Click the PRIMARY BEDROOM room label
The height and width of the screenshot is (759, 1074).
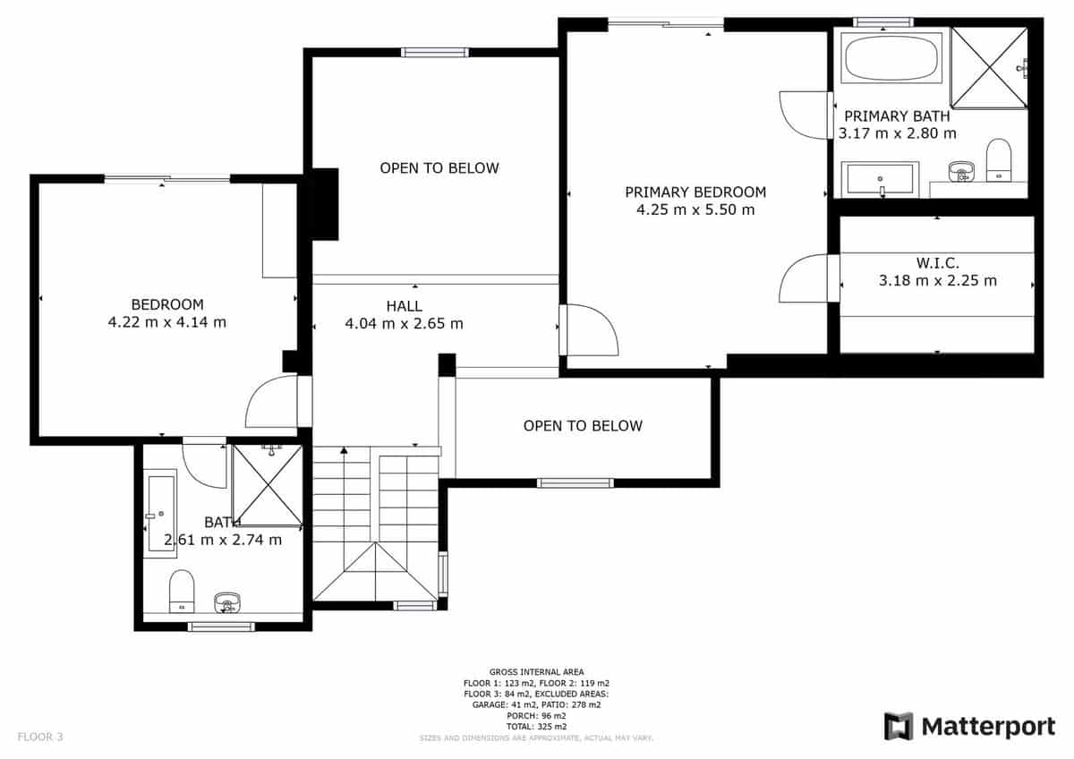695,192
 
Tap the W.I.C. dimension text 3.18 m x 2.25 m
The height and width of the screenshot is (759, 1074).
937,281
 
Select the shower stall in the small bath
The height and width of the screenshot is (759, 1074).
267,484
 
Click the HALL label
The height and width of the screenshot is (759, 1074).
404,306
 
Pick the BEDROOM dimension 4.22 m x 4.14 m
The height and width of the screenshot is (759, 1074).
166,322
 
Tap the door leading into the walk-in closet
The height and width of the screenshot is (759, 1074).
806,278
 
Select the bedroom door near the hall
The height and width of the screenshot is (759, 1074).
273,402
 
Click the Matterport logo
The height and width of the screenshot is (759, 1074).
969,727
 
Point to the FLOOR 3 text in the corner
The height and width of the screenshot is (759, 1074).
40,738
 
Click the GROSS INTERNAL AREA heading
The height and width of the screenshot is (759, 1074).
536,672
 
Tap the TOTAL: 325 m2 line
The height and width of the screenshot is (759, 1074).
536,726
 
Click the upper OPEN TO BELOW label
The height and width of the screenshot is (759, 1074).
439,168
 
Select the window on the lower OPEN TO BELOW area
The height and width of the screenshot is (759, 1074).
575,483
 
